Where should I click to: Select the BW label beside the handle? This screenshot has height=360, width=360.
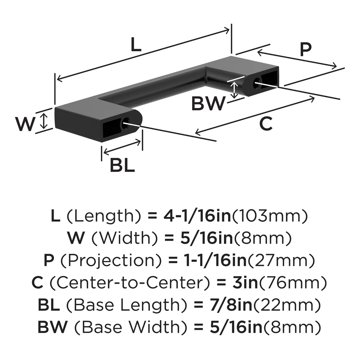pos(208,104)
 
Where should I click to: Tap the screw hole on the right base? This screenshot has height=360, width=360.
pos(256,83)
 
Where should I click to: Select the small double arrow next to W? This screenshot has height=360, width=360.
pos(44,121)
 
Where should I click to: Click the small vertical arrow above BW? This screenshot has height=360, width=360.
pos(235,90)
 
